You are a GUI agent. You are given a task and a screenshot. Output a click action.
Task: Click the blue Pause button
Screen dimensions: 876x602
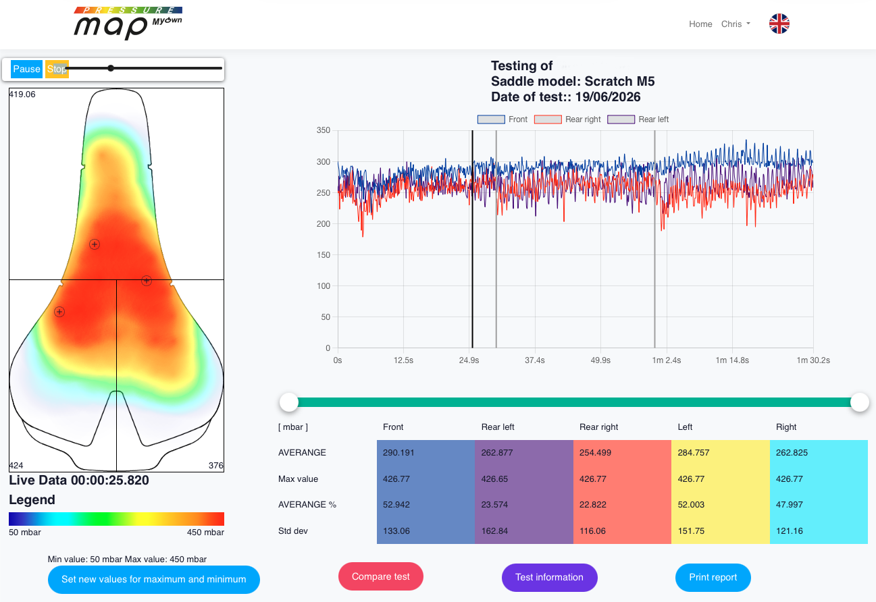[26, 69]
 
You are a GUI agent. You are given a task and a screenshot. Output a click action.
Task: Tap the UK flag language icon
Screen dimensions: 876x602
[779, 24]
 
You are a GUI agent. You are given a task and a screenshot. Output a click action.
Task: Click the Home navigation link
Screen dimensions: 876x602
[700, 24]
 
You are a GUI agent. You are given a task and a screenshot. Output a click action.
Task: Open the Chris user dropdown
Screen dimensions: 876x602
[736, 24]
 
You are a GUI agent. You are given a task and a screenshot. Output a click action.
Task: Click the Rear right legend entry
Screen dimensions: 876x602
[567, 119]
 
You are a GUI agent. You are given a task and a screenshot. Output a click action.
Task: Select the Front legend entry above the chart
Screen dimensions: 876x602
[503, 119]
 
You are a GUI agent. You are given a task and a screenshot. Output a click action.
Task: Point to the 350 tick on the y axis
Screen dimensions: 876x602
[324, 130]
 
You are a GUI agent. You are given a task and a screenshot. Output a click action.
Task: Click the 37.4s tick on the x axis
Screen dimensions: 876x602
[535, 360]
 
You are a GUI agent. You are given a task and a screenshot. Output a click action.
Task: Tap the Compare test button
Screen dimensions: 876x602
[380, 576]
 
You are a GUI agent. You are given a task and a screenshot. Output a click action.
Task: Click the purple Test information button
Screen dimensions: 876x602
[550, 578]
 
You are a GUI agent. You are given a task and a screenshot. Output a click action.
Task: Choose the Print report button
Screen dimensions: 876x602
[713, 578]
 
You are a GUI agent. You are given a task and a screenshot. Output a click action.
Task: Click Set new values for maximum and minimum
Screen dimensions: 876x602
[154, 579]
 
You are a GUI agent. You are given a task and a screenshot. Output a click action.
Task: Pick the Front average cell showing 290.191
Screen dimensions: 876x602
[426, 453]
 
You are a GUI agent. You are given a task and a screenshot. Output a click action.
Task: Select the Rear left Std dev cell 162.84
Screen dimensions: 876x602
[524, 531]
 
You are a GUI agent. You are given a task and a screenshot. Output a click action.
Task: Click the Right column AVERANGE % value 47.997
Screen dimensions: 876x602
[819, 505]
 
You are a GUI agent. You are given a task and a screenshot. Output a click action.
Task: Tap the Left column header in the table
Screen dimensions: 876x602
[685, 427]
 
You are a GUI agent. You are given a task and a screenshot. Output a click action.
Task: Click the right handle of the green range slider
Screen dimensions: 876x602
[860, 402]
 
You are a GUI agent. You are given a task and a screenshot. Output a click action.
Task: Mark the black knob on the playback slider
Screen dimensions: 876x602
[111, 68]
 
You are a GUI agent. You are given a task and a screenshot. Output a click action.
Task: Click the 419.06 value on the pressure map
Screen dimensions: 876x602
[22, 94]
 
